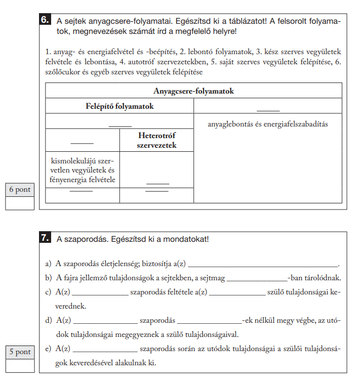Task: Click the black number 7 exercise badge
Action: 45,238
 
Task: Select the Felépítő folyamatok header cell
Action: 119,106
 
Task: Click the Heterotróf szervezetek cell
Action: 156,141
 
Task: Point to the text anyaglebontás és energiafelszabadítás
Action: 268,124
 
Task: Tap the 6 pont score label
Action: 20,190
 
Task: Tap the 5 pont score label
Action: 20,352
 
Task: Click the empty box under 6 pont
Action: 20,203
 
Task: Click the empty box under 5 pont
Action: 20,365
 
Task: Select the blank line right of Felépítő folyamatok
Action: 268,110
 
